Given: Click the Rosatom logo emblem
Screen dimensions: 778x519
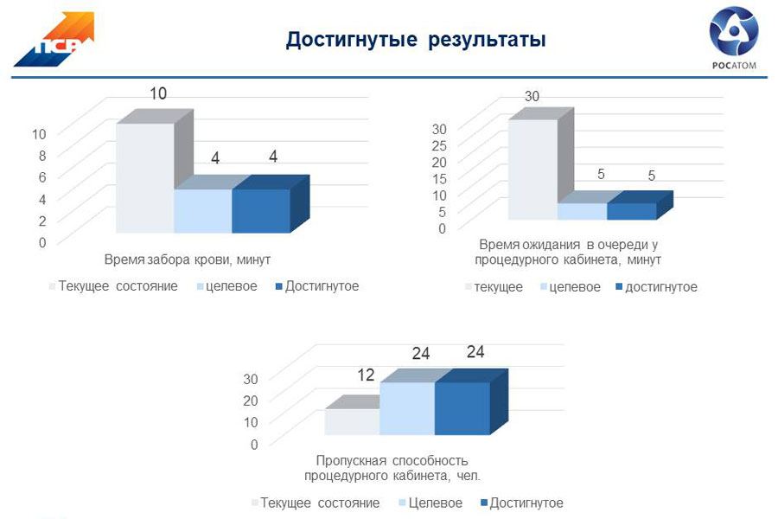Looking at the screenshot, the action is tap(734, 31).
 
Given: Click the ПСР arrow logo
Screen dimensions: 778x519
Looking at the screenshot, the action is tap(54, 39).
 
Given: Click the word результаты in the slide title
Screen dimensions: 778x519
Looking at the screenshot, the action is tap(487, 39).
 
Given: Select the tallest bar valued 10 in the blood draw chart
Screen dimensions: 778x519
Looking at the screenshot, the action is tap(145, 178).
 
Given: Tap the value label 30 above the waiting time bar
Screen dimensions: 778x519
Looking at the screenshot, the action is tap(532, 96).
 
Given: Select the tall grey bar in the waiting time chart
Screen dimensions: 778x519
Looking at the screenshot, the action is tap(532, 170).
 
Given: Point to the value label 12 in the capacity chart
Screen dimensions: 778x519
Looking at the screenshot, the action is tap(366, 375).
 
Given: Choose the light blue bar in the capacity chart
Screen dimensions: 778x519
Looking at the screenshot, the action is tap(407, 408).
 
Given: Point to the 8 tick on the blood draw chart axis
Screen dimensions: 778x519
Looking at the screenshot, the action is tap(42, 156).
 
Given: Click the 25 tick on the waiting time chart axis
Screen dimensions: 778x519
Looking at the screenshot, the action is tap(439, 145).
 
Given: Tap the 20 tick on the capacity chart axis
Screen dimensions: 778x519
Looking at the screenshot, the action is tap(251, 400).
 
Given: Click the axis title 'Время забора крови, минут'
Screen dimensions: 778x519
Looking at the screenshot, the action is tap(187, 259).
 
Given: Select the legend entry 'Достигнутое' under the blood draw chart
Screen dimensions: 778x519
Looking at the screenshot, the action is tap(316, 286).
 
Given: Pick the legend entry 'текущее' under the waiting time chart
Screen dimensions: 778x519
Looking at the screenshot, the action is tap(494, 287).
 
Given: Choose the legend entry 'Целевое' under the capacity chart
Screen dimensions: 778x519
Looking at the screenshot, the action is tap(430, 503).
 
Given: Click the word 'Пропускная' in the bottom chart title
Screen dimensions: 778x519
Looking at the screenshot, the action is tap(351, 461).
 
